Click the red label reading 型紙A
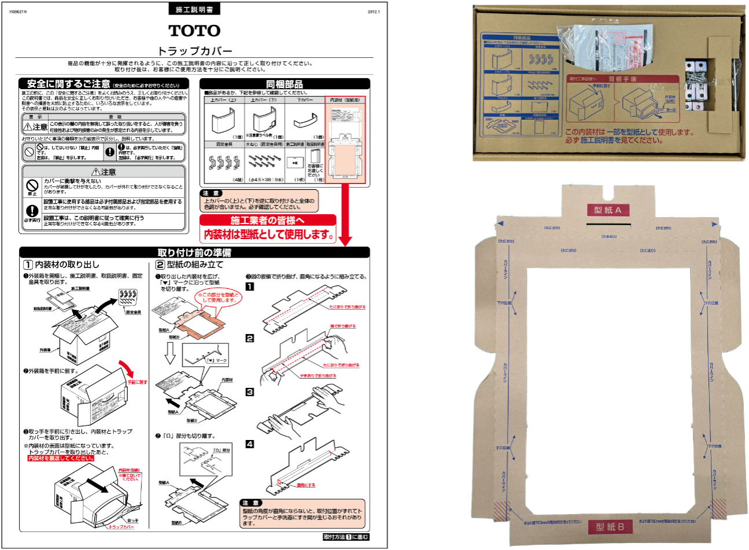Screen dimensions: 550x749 608,210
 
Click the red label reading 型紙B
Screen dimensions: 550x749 610,527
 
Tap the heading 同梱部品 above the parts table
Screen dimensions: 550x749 284,85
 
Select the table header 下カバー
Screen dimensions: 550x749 305,100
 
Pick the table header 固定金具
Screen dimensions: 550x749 224,144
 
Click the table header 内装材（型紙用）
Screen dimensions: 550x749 345,100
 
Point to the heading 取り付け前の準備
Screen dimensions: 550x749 194,253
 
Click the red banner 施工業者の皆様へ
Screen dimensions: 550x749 267,221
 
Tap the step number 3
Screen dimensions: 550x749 250,392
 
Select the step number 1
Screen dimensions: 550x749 250,287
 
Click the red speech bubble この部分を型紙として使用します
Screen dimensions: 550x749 217,298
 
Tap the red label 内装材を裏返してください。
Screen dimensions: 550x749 61,459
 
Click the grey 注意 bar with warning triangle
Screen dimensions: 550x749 104,172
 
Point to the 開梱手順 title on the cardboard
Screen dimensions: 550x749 622,79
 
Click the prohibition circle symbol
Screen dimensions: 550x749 29,152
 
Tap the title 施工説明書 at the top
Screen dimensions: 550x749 194,10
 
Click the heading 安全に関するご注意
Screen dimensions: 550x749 68,84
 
